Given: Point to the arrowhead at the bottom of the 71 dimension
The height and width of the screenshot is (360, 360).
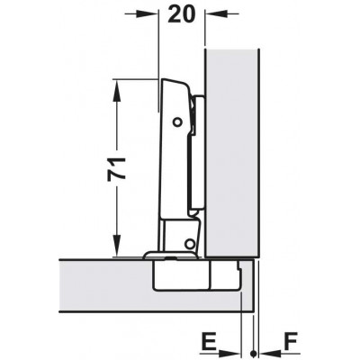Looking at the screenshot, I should [116, 249].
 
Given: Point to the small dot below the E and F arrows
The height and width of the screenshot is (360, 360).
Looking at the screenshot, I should [255, 351].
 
